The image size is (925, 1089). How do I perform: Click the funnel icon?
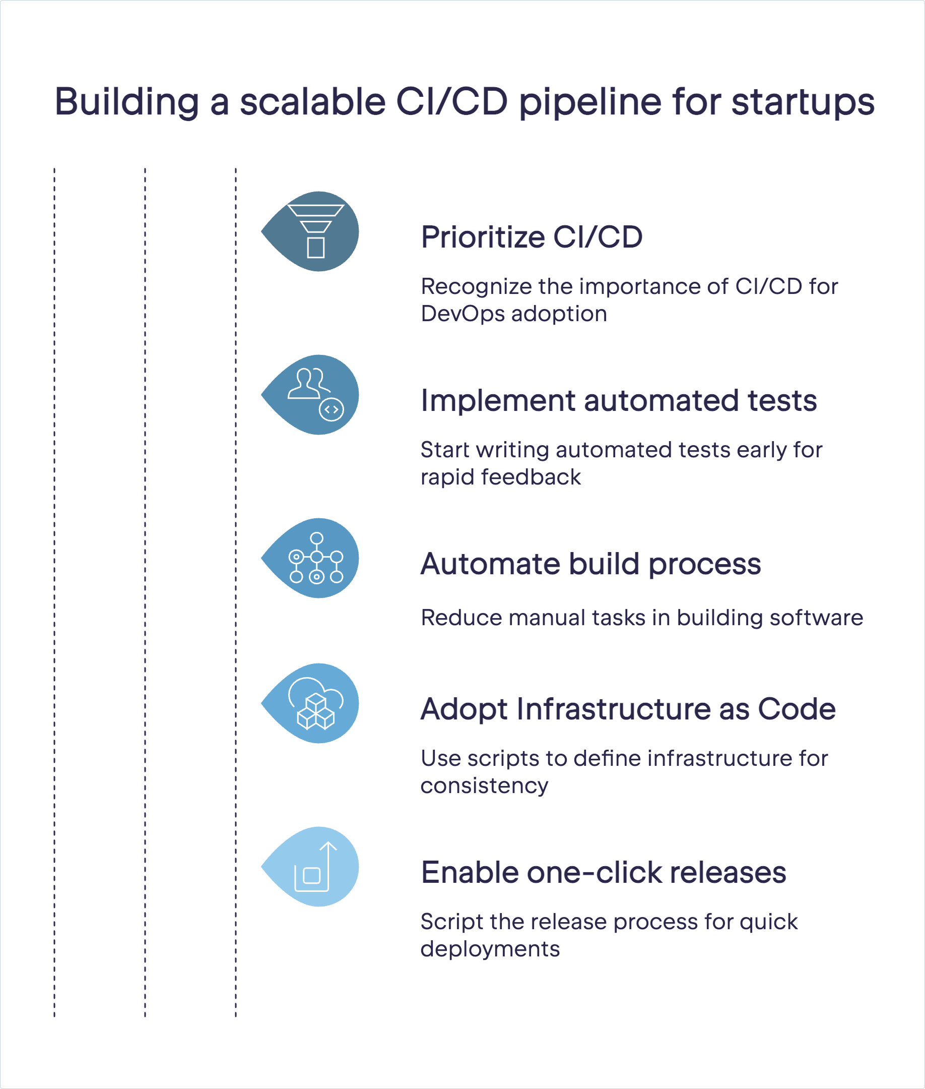click(x=316, y=231)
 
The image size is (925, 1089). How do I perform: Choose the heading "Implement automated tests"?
click(x=619, y=400)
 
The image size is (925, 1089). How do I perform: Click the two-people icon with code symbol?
click(x=316, y=394)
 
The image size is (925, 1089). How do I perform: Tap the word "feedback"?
click(x=531, y=476)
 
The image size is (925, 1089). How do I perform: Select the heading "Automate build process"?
click(x=590, y=564)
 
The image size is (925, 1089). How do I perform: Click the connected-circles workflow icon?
click(x=316, y=558)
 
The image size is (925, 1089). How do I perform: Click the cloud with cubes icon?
click(x=316, y=703)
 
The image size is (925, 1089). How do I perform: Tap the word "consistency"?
click(x=484, y=785)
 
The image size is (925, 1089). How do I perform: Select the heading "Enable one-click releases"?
click(x=604, y=872)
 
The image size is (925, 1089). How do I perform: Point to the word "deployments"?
click(x=490, y=949)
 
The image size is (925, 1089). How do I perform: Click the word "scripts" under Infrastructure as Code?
click(x=503, y=759)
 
